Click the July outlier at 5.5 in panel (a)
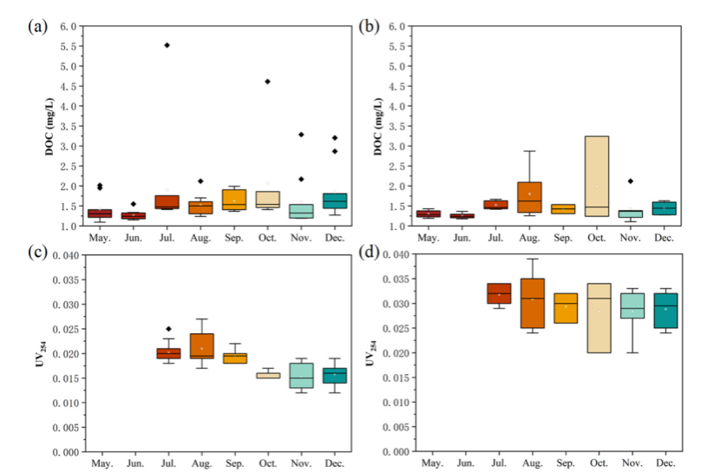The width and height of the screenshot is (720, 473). [167, 45]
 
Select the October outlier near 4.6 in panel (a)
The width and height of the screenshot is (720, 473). [268, 82]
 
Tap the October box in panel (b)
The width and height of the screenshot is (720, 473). [597, 176]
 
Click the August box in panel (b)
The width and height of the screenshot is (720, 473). [529, 197]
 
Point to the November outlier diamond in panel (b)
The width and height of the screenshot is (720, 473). [631, 181]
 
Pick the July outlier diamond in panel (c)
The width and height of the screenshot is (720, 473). [168, 329]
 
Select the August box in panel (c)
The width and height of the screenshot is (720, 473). [201, 345]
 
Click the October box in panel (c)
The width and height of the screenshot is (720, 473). [268, 376]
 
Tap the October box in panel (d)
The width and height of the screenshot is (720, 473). [599, 318]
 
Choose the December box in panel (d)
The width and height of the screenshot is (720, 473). [666, 311]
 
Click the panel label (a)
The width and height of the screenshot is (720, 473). [37, 26]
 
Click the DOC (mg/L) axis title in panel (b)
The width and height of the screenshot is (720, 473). [378, 127]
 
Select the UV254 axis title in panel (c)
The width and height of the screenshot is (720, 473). [41, 353]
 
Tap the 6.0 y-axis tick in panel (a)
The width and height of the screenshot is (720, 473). [69, 26]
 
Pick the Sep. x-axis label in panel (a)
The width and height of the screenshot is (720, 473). [234, 238]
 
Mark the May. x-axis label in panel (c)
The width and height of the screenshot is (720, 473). [102, 463]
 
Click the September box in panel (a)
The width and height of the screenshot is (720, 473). [234, 200]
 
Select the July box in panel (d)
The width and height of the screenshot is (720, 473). [499, 293]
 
